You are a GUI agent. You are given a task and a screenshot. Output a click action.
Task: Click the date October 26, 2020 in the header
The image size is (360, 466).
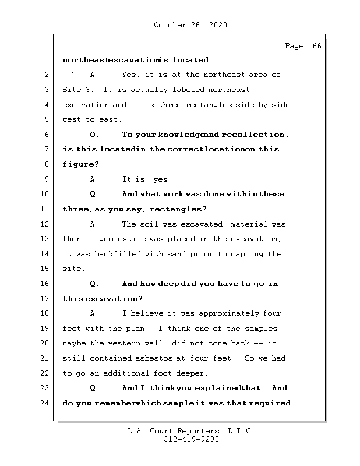pos(190,25)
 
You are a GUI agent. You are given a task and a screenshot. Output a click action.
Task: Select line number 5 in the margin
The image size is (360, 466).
pos(47,119)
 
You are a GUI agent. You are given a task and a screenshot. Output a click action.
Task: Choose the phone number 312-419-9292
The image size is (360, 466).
pos(191,440)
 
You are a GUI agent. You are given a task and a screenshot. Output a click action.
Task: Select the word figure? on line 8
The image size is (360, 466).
pos(81,164)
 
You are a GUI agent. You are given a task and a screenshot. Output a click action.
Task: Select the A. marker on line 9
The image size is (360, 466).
pos(95,179)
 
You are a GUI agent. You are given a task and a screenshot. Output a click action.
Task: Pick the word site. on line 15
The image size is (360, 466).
pos(73,269)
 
